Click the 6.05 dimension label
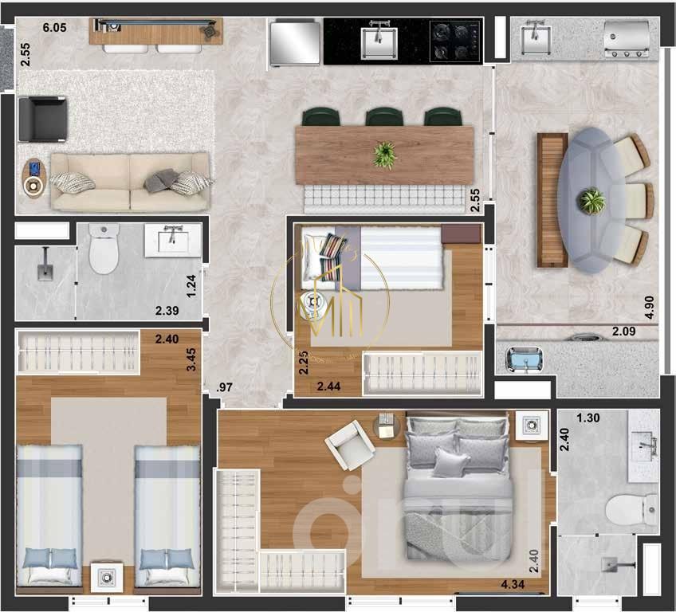[x=54, y=27]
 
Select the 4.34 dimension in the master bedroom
[x=513, y=586]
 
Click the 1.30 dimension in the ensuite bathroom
[x=588, y=418]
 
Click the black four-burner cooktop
[x=455, y=41]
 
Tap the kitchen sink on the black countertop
[x=379, y=40]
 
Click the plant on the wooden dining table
[x=384, y=154]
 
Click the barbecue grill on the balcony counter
[x=627, y=40]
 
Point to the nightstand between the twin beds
[x=106, y=576]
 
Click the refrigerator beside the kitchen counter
[x=295, y=42]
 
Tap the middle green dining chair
[x=383, y=117]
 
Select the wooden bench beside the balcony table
[x=551, y=199]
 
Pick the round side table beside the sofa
[x=33, y=186]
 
